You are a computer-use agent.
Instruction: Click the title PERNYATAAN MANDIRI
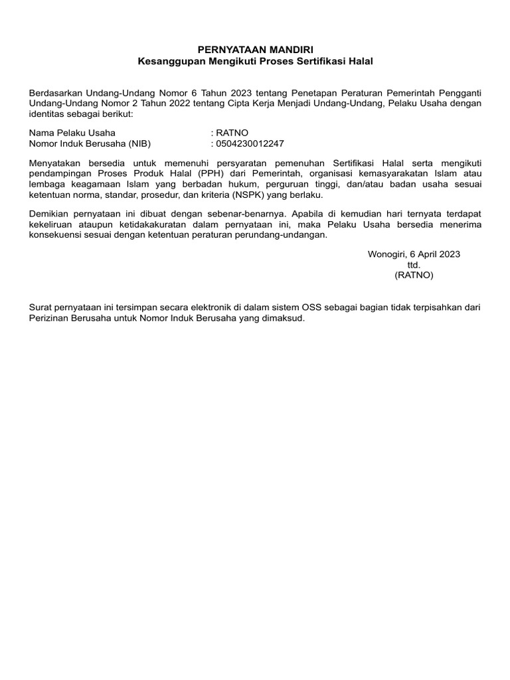[255, 50]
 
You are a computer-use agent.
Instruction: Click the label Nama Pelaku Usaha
[72, 133]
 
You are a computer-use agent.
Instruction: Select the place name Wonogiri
[387, 254]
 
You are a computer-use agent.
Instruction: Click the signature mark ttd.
[414, 264]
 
